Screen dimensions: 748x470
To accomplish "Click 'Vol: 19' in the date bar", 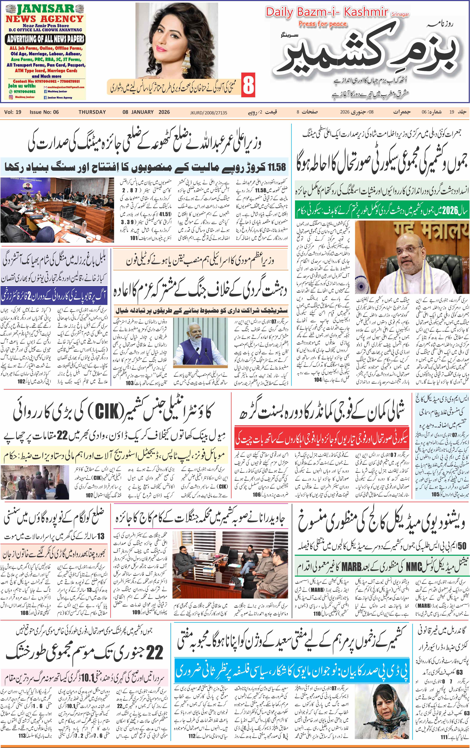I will point(13,112).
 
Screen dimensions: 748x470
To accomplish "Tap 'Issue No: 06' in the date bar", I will point(44,112).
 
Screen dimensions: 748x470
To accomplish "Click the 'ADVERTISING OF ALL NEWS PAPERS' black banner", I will point(46,39).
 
